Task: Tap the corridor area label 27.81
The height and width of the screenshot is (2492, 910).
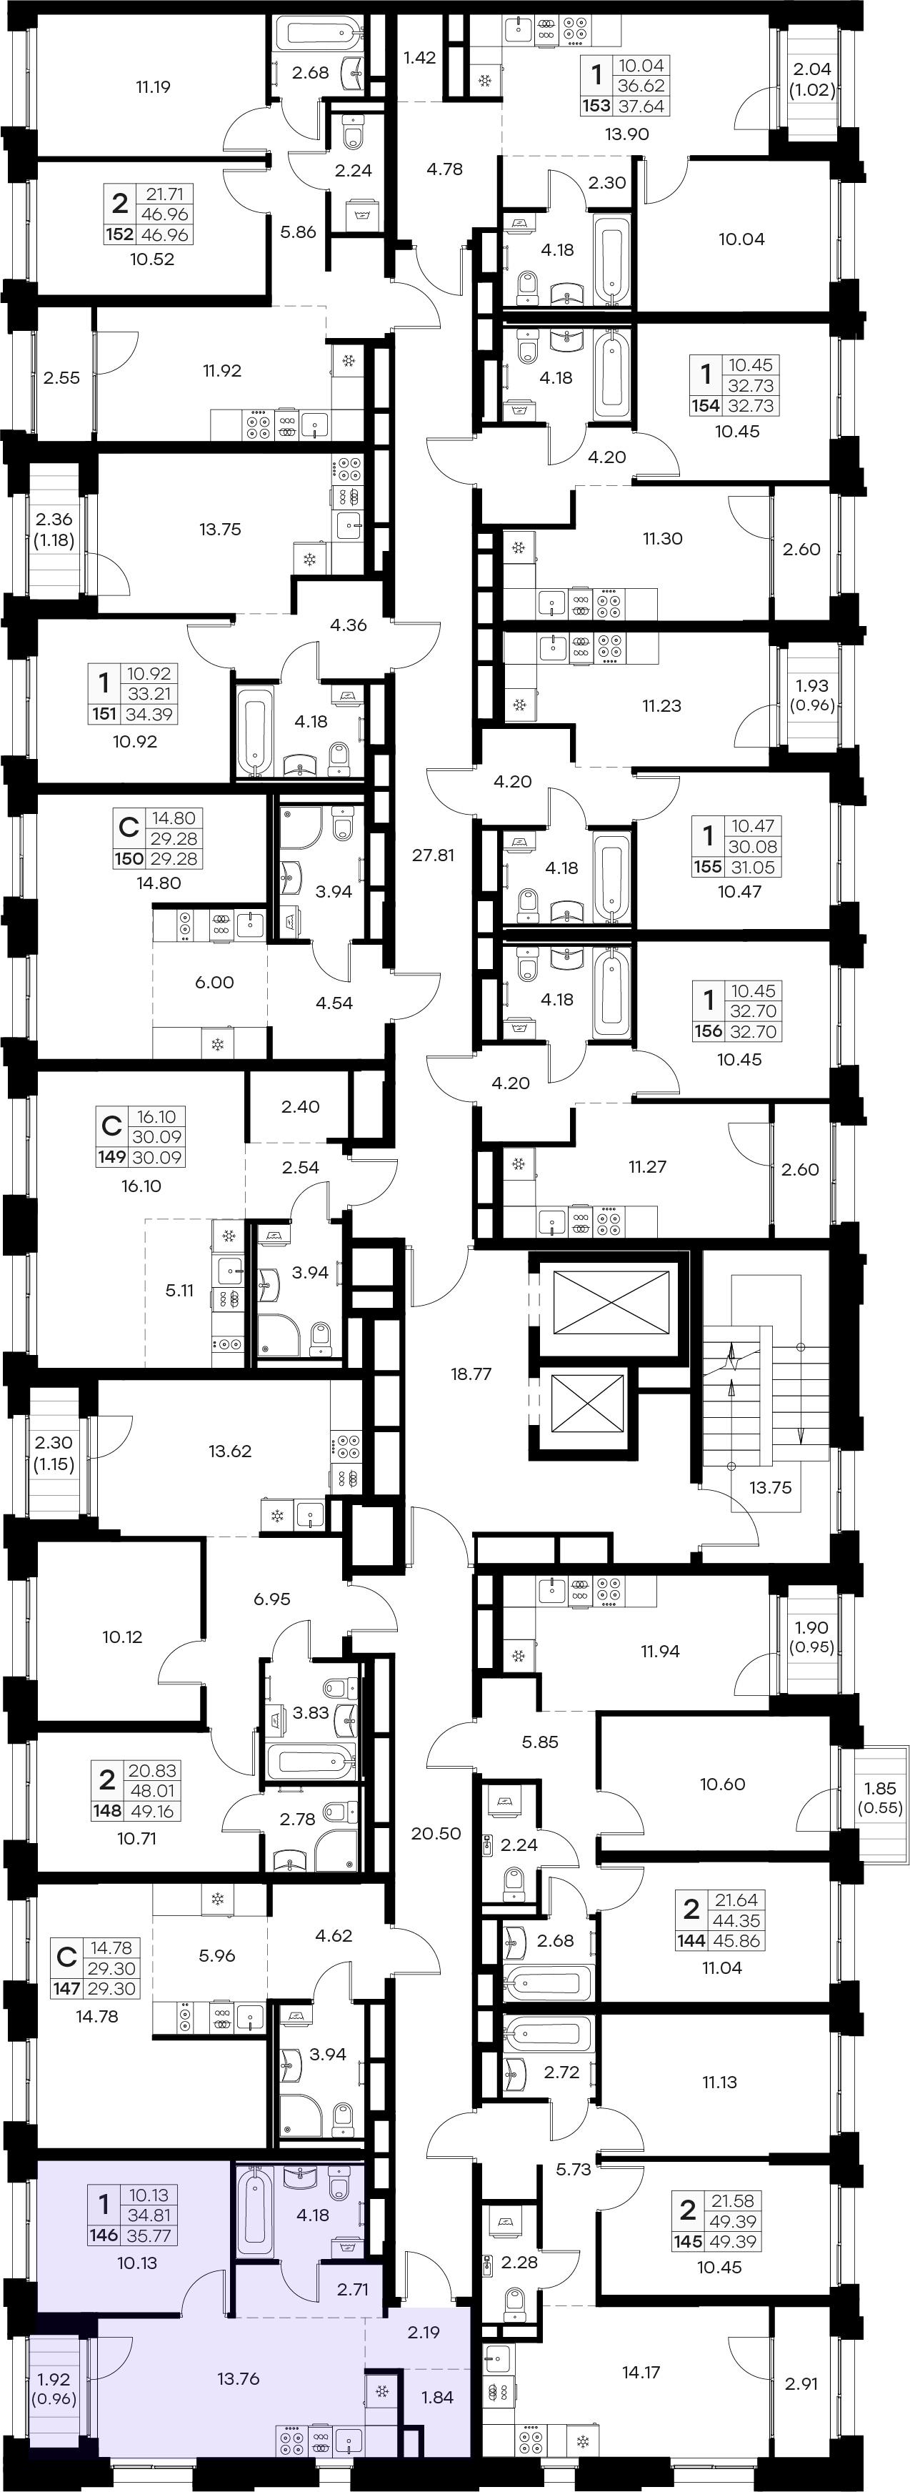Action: tap(434, 855)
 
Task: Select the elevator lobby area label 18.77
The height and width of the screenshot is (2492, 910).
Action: tap(471, 1374)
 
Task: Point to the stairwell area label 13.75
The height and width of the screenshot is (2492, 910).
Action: tap(770, 1488)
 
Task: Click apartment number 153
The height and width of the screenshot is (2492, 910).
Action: tap(596, 106)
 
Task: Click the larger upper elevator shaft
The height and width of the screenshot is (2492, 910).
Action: tap(611, 1303)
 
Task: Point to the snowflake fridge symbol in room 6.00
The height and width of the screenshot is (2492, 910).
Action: tap(218, 1044)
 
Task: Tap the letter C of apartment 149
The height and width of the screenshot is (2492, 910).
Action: tap(112, 1127)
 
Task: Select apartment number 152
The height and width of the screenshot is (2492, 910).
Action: tap(120, 235)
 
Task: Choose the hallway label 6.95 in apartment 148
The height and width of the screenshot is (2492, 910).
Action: tap(271, 1599)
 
